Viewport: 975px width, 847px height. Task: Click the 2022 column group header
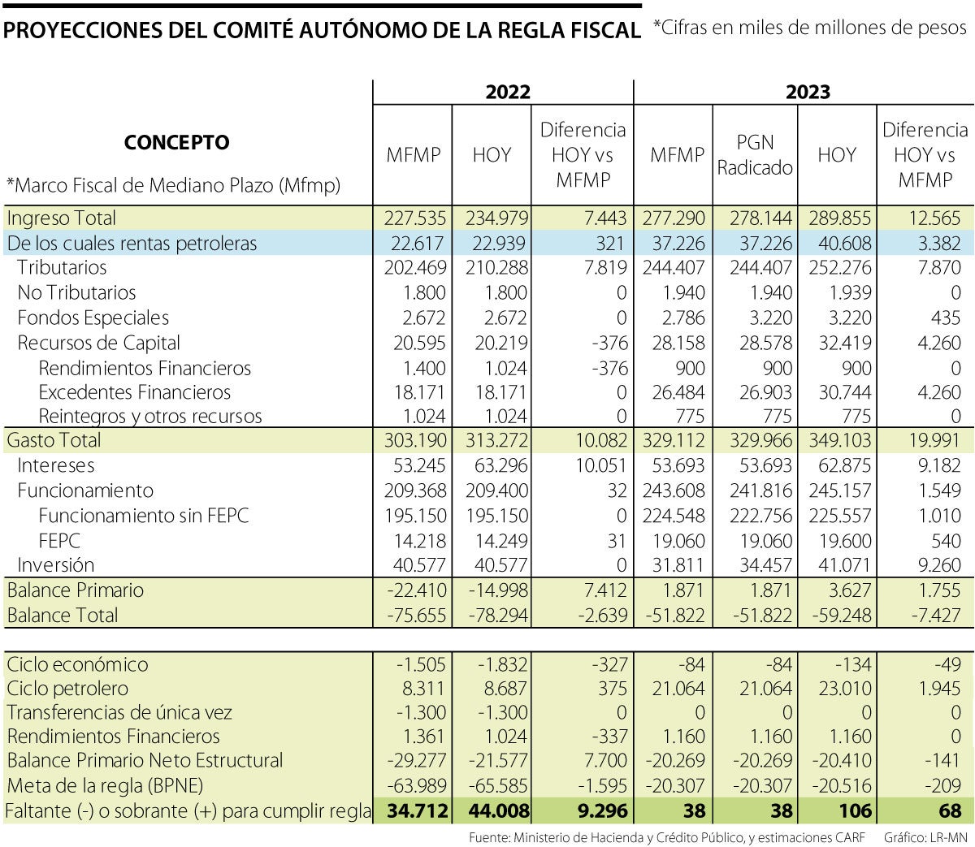point(508,92)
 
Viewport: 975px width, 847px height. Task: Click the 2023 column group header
point(808,92)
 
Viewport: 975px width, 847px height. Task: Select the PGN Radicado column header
point(755,155)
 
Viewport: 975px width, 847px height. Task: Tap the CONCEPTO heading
point(176,143)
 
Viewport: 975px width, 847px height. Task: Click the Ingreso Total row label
point(62,218)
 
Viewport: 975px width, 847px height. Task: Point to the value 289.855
point(839,218)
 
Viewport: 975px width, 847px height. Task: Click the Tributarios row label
point(62,267)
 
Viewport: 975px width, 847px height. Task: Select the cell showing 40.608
point(839,243)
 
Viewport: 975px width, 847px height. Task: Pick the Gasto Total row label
point(54,440)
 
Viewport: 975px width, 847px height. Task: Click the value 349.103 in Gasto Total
point(839,440)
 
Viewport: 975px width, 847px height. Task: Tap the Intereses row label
point(56,465)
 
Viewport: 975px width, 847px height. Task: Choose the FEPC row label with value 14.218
point(59,540)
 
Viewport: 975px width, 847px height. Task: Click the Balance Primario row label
point(76,590)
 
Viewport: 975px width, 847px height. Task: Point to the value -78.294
point(496,615)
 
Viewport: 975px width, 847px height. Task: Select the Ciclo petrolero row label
point(67,689)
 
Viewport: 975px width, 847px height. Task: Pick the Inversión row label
point(56,564)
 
